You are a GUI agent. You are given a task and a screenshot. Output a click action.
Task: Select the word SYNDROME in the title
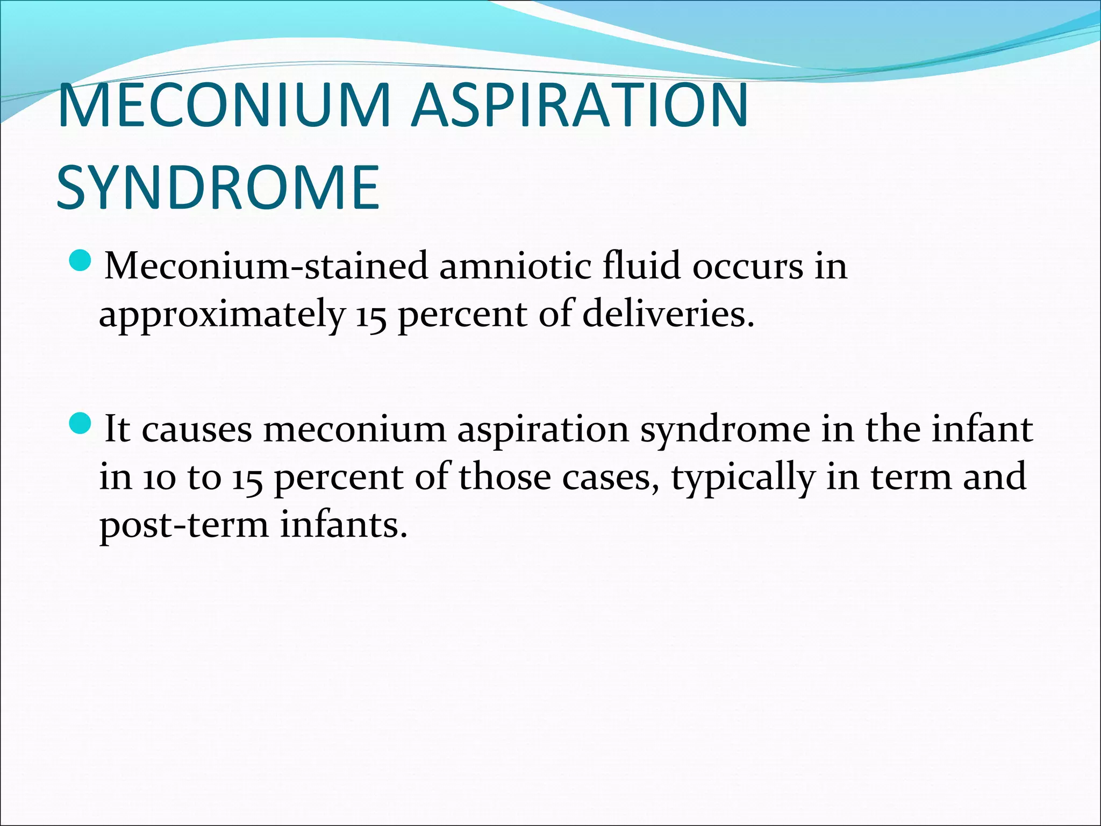tap(218, 188)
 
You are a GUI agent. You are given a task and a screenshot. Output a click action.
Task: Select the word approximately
tap(221, 315)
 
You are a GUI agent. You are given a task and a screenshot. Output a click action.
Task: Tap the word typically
tap(742, 478)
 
